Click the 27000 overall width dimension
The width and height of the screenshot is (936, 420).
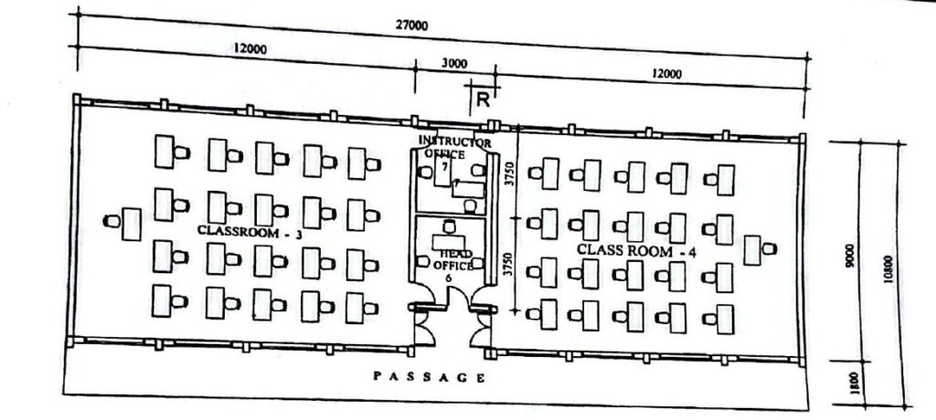click(412, 25)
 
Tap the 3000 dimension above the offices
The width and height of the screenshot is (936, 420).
click(454, 63)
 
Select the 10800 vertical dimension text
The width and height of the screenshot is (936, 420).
click(888, 269)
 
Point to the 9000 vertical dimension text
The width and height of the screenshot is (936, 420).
click(850, 256)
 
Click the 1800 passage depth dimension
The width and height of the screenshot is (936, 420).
click(854, 383)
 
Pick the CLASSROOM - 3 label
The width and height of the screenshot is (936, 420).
click(250, 232)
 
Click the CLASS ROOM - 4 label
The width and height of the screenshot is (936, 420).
click(636, 250)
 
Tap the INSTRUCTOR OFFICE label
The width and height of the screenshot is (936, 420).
click(454, 147)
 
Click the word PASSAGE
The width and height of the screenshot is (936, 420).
click(430, 376)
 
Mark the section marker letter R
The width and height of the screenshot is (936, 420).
click(483, 100)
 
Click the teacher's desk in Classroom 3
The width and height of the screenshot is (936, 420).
click(132, 225)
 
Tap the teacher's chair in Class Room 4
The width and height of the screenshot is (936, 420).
click(769, 248)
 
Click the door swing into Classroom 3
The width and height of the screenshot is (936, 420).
click(425, 328)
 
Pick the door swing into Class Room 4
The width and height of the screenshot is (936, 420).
click(480, 330)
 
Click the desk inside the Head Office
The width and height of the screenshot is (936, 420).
click(449, 242)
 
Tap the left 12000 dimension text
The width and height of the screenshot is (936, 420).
click(250, 49)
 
